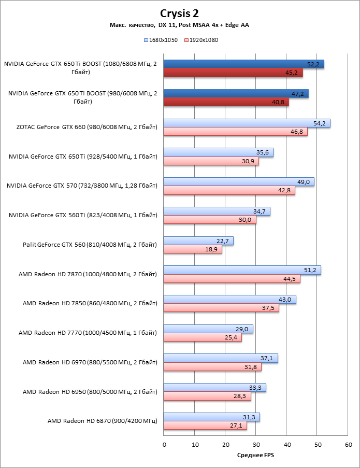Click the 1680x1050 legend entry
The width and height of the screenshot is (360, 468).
(163, 39)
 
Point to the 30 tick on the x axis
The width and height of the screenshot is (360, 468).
(256, 444)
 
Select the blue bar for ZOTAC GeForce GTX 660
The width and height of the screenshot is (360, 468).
(247, 123)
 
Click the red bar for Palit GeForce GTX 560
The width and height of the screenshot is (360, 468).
(193, 249)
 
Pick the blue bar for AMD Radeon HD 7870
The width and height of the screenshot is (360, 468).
(242, 270)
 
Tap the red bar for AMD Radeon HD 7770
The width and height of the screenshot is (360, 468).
(203, 337)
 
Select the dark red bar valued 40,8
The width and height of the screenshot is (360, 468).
(226, 102)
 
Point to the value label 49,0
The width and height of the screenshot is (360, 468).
(303, 182)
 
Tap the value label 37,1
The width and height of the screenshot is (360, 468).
(267, 358)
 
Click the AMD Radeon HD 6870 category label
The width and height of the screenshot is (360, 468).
(102, 421)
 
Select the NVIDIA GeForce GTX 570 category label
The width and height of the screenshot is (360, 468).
(82, 186)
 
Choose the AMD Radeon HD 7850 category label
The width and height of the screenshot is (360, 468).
(90, 303)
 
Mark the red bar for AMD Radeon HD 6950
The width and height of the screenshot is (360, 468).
(207, 396)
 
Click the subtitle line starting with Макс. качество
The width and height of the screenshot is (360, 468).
(179, 25)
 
